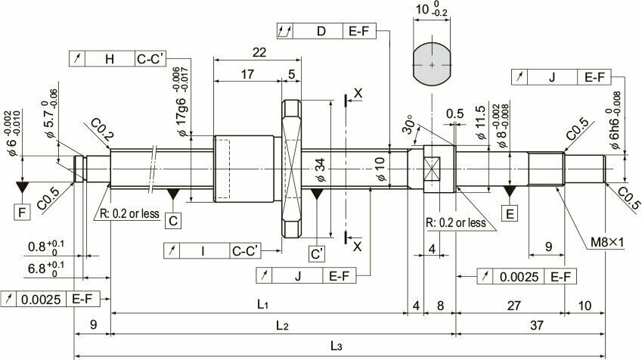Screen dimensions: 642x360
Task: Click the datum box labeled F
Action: click(x=22, y=213)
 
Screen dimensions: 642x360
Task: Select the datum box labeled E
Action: click(x=510, y=214)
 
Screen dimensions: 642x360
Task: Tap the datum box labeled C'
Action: click(x=317, y=254)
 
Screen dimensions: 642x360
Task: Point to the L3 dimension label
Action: click(x=337, y=346)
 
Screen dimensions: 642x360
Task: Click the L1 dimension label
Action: click(x=262, y=304)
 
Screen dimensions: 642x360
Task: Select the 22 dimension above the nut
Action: click(x=259, y=52)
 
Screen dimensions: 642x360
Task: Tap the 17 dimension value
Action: click(x=247, y=74)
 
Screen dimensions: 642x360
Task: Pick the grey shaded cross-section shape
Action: click(x=433, y=65)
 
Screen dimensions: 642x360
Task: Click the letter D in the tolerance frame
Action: click(x=321, y=31)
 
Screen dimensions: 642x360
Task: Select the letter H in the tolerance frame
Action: click(x=110, y=59)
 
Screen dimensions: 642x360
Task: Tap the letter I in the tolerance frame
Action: click(x=203, y=251)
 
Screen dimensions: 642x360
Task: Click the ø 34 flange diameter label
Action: click(x=321, y=169)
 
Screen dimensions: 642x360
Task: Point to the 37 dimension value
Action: click(x=536, y=325)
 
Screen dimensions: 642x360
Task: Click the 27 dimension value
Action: click(x=514, y=306)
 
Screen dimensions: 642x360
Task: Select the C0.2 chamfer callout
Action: click(x=101, y=129)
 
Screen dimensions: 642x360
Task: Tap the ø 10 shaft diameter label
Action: click(x=380, y=169)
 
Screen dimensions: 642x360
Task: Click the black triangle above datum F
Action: click(x=22, y=188)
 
